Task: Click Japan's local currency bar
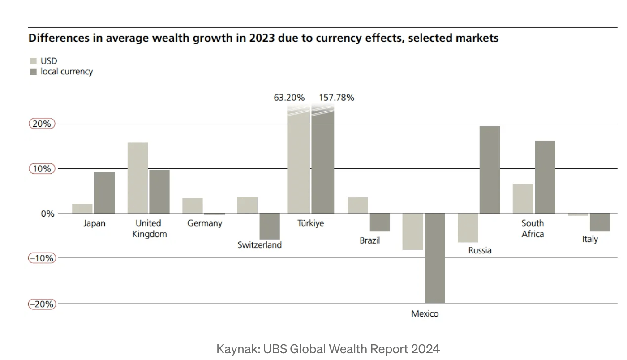[104, 193]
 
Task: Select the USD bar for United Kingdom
[137, 178]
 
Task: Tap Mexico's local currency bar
[434, 258]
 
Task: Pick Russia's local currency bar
[490, 170]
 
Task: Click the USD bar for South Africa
[523, 198]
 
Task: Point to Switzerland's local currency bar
[270, 226]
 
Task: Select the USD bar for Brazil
[357, 205]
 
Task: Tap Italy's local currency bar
[600, 222]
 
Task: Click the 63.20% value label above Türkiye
[289, 98]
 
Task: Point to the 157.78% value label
[336, 98]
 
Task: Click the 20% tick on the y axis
[42, 124]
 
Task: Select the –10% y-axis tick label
[42, 258]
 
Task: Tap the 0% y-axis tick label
[47, 214]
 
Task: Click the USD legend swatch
[33, 61]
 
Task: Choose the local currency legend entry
[66, 72]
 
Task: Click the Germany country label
[205, 223]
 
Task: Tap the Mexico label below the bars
[425, 313]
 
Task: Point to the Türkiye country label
[310, 223]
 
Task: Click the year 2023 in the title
[262, 38]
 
